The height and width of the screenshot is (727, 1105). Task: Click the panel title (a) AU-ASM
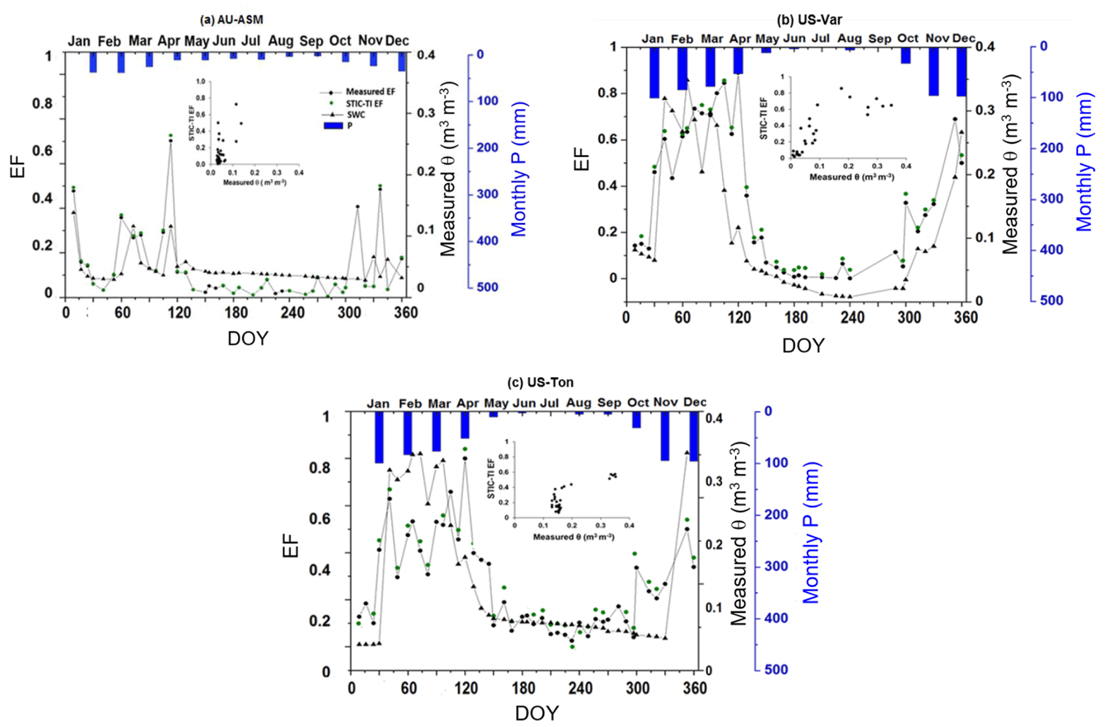(231, 20)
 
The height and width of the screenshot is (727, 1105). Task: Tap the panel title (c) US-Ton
(540, 382)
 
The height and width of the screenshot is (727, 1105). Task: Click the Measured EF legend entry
(370, 92)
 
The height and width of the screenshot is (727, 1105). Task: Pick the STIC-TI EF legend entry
(364, 103)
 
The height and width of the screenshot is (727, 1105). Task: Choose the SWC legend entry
(356, 114)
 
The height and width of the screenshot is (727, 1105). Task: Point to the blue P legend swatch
(333, 126)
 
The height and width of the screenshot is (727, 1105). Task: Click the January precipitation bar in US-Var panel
(654, 72)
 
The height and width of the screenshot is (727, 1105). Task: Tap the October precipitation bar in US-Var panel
(906, 56)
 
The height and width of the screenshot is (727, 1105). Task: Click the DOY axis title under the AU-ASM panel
(248, 338)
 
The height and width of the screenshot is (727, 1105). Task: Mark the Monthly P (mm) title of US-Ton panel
(812, 533)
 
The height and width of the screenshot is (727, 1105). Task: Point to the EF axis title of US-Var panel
(581, 159)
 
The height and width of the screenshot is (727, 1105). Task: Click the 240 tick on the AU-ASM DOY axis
(292, 312)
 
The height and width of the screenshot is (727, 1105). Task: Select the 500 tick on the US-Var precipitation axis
(1051, 300)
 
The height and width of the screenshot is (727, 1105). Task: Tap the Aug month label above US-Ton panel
(578, 403)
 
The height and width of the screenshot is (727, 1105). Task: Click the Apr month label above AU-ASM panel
(168, 41)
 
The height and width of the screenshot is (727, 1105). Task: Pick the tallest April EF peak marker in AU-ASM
(171, 140)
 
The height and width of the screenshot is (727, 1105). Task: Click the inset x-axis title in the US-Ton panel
(573, 536)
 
